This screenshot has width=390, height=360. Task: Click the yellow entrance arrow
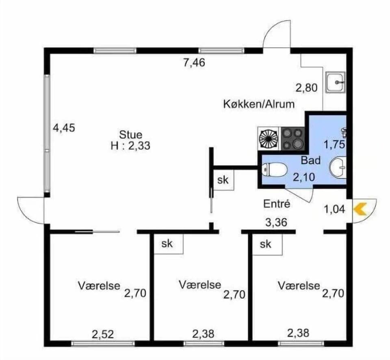tap(360, 209)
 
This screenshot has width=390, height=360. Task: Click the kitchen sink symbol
tap(336, 83)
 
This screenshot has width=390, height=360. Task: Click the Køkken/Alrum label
tap(259, 104)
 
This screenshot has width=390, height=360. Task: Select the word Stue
tap(130, 134)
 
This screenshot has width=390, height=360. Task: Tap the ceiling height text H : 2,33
tap(130, 146)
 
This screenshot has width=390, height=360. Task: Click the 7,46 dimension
tap(194, 63)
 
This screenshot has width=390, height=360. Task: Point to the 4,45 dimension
tap(65, 128)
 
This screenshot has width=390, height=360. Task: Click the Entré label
tap(277, 204)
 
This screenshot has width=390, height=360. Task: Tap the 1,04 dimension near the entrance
tap(334, 209)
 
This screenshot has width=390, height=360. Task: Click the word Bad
tap(310, 160)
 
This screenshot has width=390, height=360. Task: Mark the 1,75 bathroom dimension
tap(334, 145)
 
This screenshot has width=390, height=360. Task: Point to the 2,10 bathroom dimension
tap(303, 177)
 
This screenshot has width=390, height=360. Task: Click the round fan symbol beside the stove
tap(269, 138)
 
